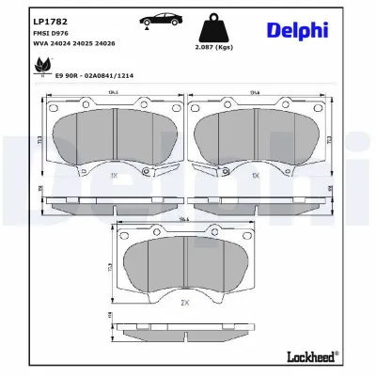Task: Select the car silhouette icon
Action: coord(152,23)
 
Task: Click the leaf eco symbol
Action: coord(41,64)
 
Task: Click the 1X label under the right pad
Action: coord(257,176)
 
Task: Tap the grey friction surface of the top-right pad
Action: coord(282,136)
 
